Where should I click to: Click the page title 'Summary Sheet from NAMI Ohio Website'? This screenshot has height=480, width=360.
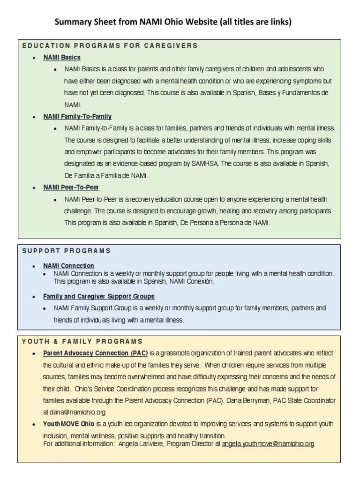click(x=173, y=22)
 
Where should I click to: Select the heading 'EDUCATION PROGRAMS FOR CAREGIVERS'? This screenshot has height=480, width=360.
click(x=110, y=45)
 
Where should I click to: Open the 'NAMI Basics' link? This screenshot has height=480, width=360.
click(x=62, y=57)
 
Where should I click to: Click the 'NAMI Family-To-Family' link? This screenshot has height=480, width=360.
click(x=77, y=116)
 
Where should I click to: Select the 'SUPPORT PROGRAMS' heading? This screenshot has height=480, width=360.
click(x=67, y=251)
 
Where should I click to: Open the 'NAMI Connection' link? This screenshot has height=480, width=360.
click(x=68, y=266)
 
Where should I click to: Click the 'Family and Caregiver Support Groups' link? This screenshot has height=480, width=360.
click(x=98, y=297)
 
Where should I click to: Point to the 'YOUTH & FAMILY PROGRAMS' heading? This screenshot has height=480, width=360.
click(x=82, y=341)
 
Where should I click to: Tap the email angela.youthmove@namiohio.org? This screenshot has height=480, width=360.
click(x=268, y=443)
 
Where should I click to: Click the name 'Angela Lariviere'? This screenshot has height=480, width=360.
click(x=141, y=443)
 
